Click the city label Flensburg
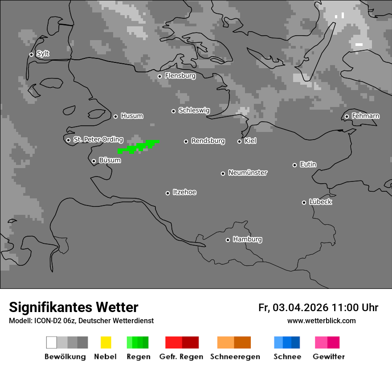pyautogui.click(x=180, y=76)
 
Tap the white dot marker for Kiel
pyautogui.click(x=239, y=141)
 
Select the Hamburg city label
pyautogui.click(x=247, y=239)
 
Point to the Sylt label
pyautogui.click(x=43, y=54)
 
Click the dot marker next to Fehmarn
pyautogui.click(x=347, y=117)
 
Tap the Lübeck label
pyautogui.click(x=320, y=202)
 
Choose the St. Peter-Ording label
pyautogui.click(x=98, y=140)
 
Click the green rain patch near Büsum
pyautogui.click(x=139, y=146)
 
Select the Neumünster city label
pyautogui.click(x=248, y=173)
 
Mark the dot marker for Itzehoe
pyautogui.click(x=167, y=193)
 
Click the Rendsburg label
pyautogui.click(x=208, y=141)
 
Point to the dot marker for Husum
pyautogui.click(x=115, y=116)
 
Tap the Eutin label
pyautogui.click(x=308, y=164)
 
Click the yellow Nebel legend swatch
pyautogui.click(x=106, y=342)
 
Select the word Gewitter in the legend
pyautogui.click(x=329, y=357)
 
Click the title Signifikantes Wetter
pyautogui.click(x=73, y=307)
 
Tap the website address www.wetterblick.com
pyautogui.click(x=321, y=321)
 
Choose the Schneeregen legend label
pyautogui.click(x=235, y=357)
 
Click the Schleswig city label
pyautogui.click(x=194, y=111)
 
